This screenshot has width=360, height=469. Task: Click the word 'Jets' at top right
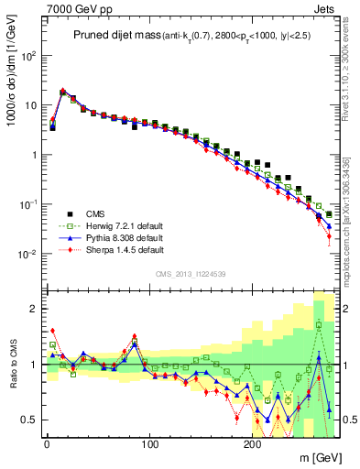[325, 8]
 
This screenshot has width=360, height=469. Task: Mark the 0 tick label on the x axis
[47, 444]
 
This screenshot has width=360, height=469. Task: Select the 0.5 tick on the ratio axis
[29, 420]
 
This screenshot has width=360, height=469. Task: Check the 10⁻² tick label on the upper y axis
[28, 254]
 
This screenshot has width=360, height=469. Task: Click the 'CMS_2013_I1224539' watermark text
[189, 273]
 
